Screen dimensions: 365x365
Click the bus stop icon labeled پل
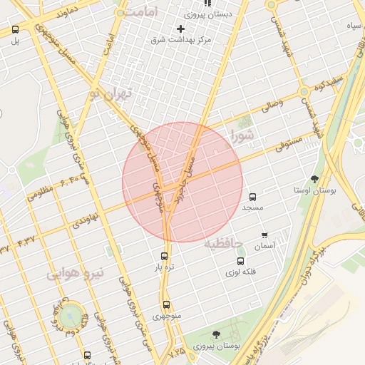tap(15, 30)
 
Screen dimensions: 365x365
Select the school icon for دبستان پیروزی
tap(207, 4)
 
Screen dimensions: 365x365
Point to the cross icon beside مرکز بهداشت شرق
tap(180, 29)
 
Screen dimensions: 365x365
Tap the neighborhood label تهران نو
tap(112, 93)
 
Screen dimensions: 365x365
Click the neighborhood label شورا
tap(243, 135)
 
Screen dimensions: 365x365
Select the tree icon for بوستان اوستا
tap(315, 179)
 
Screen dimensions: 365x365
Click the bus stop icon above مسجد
tap(252, 197)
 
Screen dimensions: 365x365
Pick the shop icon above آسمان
tap(264, 235)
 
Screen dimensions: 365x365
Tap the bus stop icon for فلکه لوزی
tap(240, 261)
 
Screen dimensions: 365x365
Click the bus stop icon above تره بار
tap(165, 256)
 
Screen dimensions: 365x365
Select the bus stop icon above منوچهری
tap(166, 304)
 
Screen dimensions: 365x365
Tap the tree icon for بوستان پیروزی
tap(216, 334)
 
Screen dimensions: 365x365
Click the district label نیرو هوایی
tap(76, 272)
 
